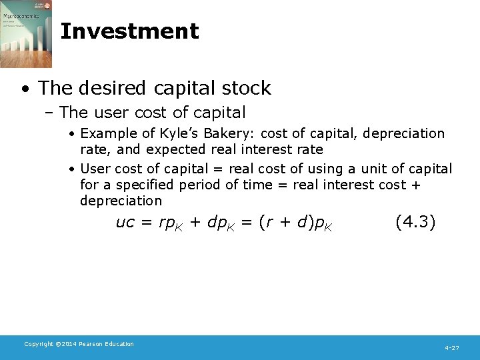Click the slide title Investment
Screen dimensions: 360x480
pyautogui.click(x=129, y=31)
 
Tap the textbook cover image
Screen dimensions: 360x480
pyautogui.click(x=26, y=33)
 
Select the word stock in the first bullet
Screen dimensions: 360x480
pyautogui.click(x=247, y=88)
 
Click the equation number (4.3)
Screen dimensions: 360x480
pyautogui.click(x=415, y=221)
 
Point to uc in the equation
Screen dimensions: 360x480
pyautogui.click(x=125, y=223)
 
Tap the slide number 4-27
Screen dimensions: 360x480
pyautogui.click(x=452, y=348)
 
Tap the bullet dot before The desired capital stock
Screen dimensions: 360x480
pyautogui.click(x=25, y=89)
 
